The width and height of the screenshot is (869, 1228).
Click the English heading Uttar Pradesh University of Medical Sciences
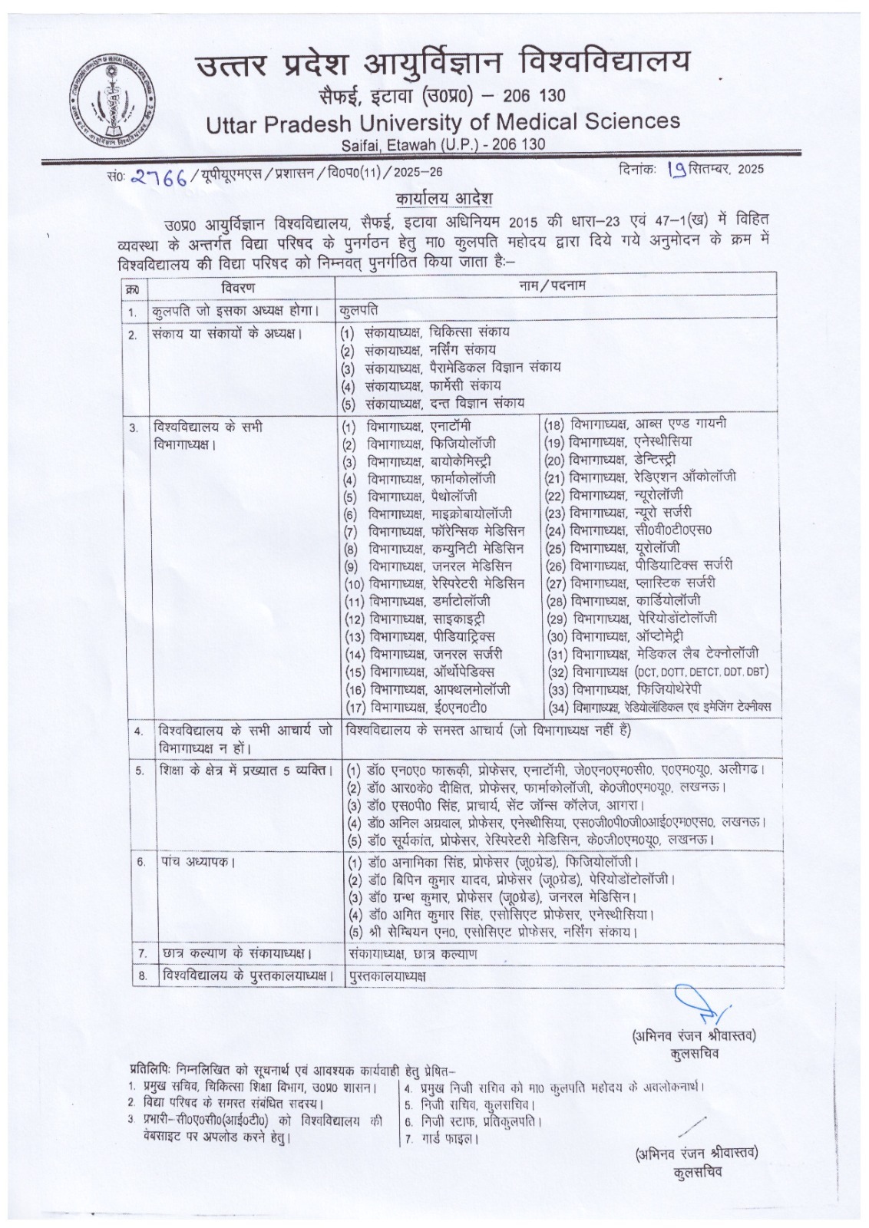click(x=442, y=122)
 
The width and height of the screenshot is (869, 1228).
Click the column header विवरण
click(x=238, y=289)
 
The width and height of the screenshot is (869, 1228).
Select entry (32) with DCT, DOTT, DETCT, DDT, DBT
click(x=658, y=672)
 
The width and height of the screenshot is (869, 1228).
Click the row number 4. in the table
click(x=138, y=732)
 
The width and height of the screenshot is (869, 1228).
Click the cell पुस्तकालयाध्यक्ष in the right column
click(x=386, y=976)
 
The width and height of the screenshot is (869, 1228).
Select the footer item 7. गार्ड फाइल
click(x=442, y=1138)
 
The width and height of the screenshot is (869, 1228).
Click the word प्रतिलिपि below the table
click(x=150, y=1069)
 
